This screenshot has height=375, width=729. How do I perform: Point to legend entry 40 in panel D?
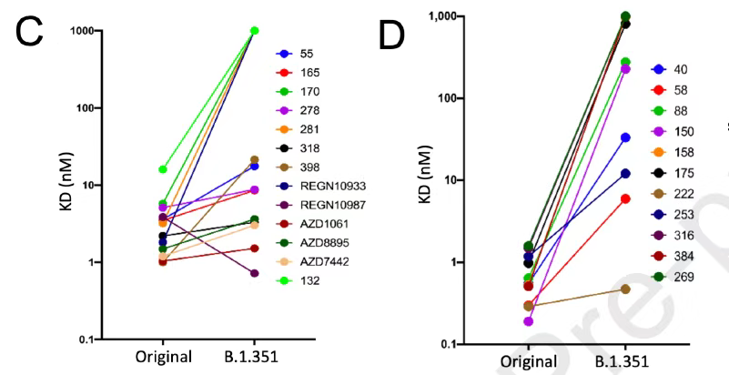[x=682, y=69]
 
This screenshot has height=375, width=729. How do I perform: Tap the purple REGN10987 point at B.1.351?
[x=254, y=273]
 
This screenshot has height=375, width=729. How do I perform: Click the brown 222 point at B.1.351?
[x=625, y=289]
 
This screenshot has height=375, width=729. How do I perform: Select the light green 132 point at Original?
[x=162, y=169]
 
